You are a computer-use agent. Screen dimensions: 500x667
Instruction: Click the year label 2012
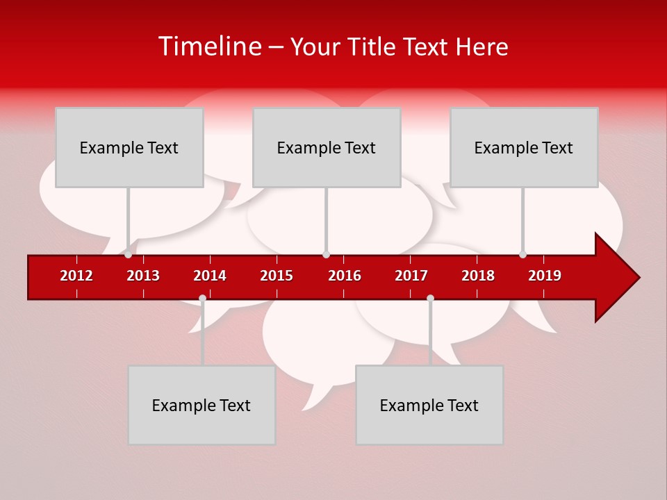[x=76, y=276]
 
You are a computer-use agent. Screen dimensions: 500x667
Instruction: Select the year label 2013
[x=143, y=276]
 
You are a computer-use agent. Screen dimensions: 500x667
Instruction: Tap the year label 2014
[x=210, y=276]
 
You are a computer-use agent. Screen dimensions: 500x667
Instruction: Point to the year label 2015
[x=277, y=276]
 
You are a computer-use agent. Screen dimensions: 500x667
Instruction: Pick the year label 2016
[x=345, y=276]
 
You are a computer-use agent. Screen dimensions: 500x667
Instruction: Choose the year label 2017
[x=411, y=276]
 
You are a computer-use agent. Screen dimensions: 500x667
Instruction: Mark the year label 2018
[x=478, y=276]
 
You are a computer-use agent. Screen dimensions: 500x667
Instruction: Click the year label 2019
[x=545, y=276]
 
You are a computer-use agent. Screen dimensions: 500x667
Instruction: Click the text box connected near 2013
[x=129, y=148]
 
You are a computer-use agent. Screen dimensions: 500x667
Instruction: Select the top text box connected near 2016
[x=327, y=148]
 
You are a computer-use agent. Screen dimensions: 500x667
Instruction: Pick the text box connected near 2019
[x=524, y=148]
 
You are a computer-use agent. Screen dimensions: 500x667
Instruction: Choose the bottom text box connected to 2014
[x=201, y=406]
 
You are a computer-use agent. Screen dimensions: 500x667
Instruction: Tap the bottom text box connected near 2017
[x=429, y=406]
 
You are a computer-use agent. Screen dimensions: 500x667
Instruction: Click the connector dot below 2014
[x=202, y=298]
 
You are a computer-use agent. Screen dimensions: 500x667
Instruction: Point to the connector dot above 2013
[x=128, y=254]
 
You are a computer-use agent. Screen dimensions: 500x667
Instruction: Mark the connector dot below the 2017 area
[x=430, y=298]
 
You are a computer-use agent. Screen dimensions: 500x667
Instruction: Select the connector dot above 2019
[x=522, y=254]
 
